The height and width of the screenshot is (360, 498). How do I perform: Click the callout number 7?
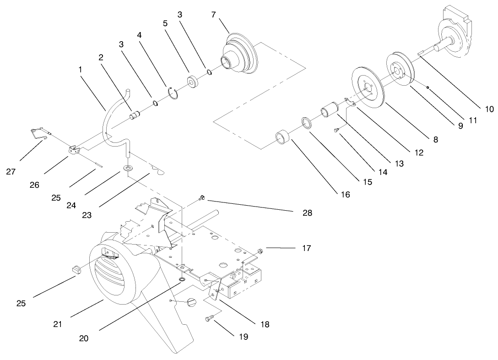[x=214, y=14]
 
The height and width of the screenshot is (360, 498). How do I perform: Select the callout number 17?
[x=306, y=248]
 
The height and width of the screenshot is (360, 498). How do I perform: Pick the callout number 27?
[x=11, y=172]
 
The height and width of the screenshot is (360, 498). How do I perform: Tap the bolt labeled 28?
[x=201, y=198]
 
